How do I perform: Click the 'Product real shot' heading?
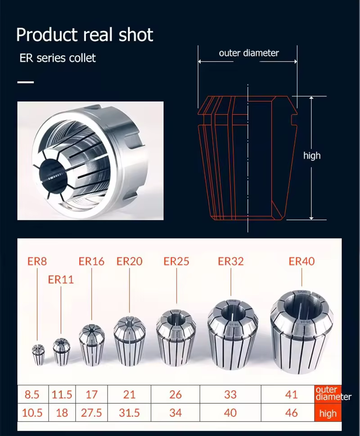(85, 35)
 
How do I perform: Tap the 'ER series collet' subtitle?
(57, 58)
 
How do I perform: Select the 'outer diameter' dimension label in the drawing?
(248, 53)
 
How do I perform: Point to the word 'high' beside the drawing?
(312, 156)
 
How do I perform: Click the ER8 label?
(37, 261)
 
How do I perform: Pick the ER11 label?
(61, 279)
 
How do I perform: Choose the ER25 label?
(176, 261)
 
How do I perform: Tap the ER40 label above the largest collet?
(301, 261)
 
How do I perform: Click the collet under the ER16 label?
(92, 344)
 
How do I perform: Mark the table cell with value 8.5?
(32, 395)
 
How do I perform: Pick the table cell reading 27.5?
(92, 413)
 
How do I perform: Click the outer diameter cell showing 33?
(230, 395)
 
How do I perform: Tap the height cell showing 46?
(292, 413)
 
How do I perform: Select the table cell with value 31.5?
(129, 413)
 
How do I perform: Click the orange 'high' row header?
(328, 413)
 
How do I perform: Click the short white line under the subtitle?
(26, 82)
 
